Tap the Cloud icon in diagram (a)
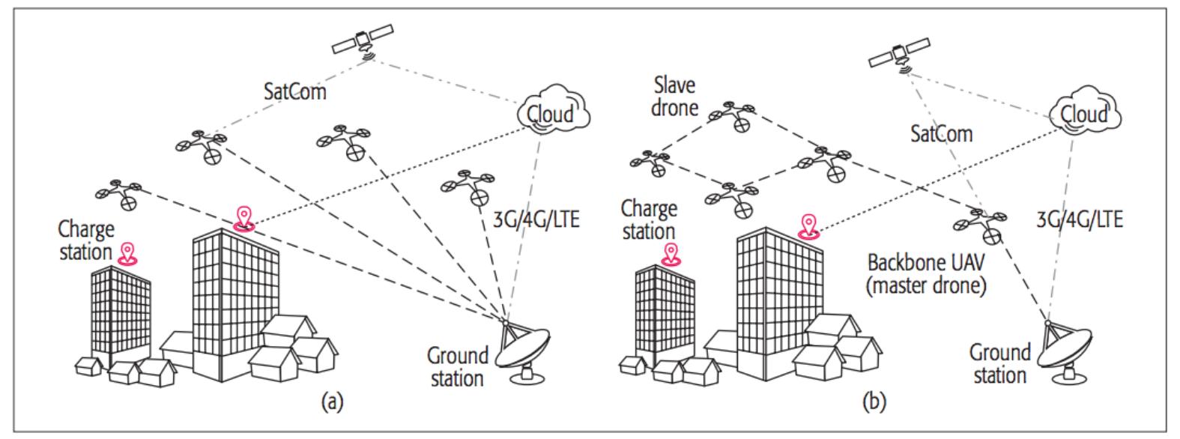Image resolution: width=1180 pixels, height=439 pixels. tap(554, 114)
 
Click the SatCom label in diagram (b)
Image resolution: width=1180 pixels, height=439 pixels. tap(941, 134)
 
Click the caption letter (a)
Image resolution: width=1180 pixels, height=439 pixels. tap(332, 403)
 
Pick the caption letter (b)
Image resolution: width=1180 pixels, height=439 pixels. tap(874, 403)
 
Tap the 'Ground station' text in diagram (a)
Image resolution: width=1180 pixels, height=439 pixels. tap(457, 366)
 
